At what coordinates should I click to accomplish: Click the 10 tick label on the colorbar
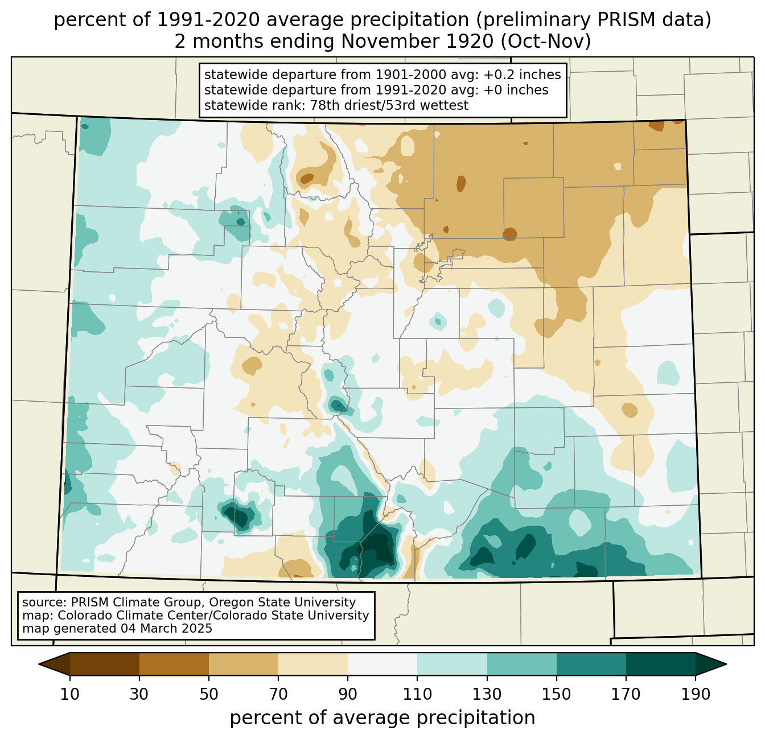(x=70, y=694)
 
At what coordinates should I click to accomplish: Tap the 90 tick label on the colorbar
(x=348, y=694)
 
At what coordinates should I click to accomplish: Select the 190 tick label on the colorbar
(x=695, y=694)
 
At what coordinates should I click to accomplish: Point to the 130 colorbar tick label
(x=487, y=694)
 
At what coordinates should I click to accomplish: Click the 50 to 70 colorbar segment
(x=244, y=664)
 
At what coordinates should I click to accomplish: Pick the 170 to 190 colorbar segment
(x=660, y=664)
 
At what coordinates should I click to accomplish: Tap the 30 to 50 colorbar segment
(x=174, y=664)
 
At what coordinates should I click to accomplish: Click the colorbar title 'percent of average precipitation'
(x=382, y=718)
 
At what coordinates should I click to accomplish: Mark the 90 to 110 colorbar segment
(x=382, y=664)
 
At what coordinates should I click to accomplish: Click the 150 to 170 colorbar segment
(x=591, y=664)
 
